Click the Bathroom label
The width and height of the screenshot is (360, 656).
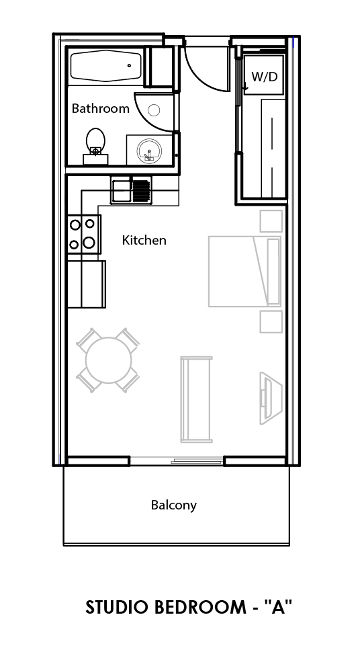(100, 108)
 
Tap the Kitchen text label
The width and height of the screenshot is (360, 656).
(144, 240)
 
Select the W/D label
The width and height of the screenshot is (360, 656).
(264, 77)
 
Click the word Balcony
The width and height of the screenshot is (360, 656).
(173, 505)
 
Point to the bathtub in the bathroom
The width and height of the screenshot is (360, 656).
(105, 66)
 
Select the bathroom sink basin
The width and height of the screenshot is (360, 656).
(149, 149)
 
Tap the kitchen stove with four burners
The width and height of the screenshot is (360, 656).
(83, 234)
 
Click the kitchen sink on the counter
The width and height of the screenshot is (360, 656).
(122, 190)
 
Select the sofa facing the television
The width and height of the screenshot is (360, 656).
(196, 399)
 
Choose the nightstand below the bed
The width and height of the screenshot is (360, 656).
(271, 321)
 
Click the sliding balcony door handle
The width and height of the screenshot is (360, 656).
(197, 460)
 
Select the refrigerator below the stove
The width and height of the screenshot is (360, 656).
(86, 283)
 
